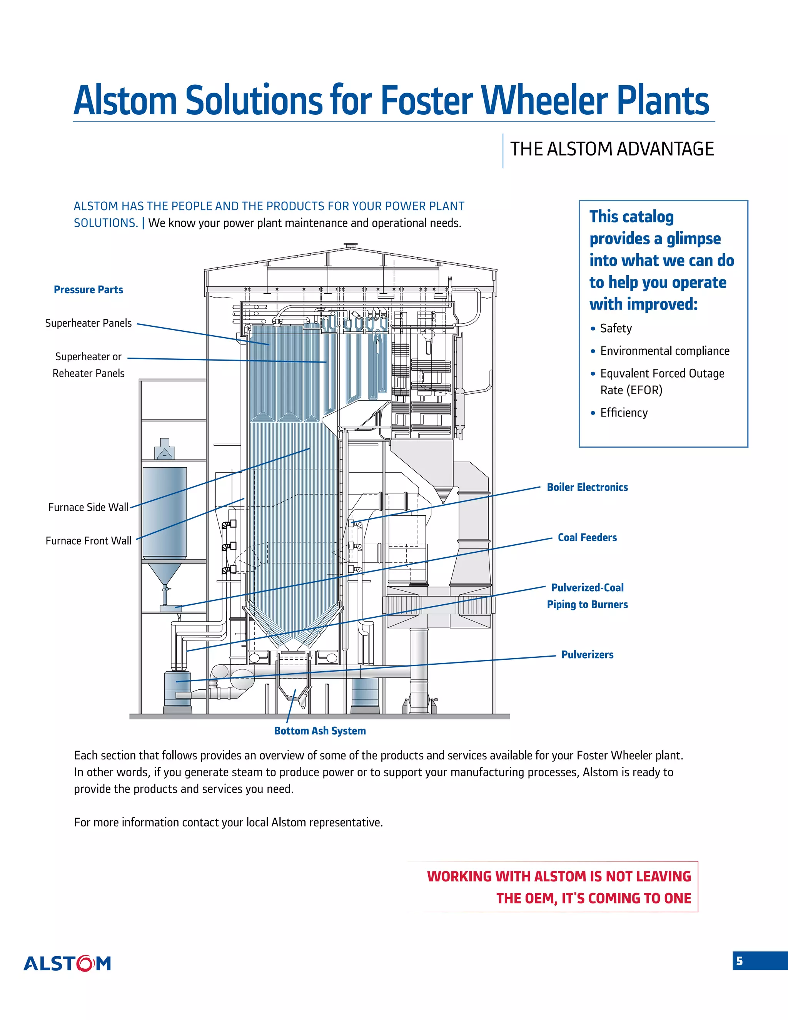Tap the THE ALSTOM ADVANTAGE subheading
[611, 149]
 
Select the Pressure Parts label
[88, 289]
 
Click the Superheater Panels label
[88, 323]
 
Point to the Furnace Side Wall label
[88, 507]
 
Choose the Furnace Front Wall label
[88, 541]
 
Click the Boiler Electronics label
[587, 487]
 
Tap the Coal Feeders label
[587, 538]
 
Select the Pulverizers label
[587, 655]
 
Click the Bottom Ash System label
[320, 731]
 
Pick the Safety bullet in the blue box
[615, 328]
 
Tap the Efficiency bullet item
[624, 413]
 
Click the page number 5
[739, 961]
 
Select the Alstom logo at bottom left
[67, 963]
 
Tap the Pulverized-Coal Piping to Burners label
[587, 596]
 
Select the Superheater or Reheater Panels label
[88, 365]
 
